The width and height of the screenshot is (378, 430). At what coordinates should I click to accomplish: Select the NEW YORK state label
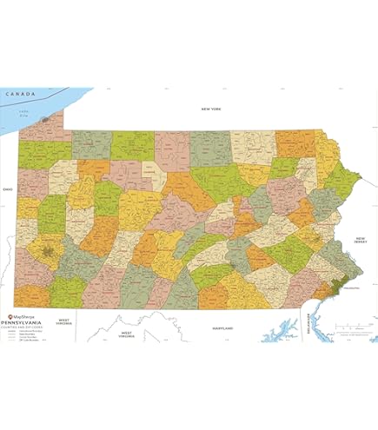(211, 109)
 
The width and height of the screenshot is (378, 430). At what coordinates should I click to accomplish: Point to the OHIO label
(8, 187)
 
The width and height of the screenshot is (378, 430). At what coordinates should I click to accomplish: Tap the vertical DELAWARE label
(304, 325)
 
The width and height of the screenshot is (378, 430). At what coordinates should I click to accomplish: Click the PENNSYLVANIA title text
(24, 315)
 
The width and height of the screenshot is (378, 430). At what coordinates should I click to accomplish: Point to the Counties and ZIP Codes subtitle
(26, 321)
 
